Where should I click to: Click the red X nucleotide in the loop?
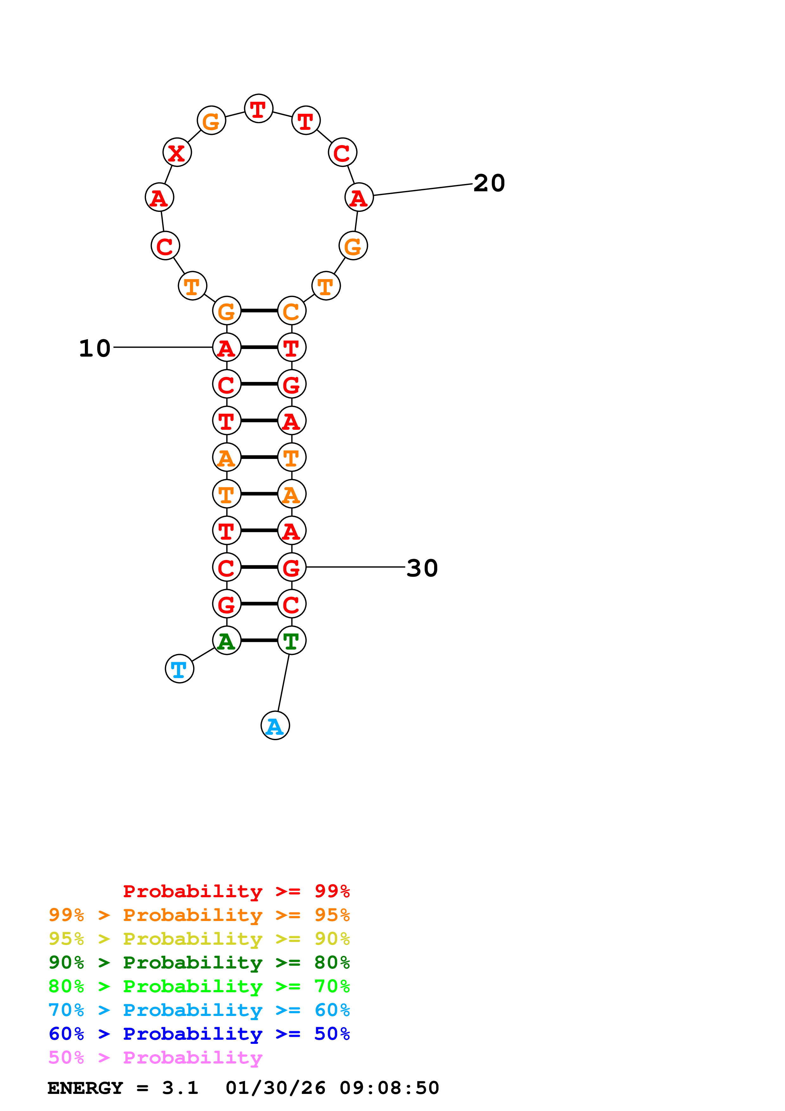click(x=177, y=152)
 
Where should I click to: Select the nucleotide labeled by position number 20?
click(x=359, y=197)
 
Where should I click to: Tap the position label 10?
click(x=95, y=348)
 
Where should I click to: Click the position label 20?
click(x=489, y=183)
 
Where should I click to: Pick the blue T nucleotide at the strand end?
click(x=180, y=669)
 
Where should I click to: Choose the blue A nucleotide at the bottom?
click(x=275, y=726)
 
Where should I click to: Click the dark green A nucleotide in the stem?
click(x=226, y=641)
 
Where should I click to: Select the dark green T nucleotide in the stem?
click(x=292, y=641)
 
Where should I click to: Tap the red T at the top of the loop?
click(x=259, y=108)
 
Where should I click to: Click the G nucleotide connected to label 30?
click(x=292, y=567)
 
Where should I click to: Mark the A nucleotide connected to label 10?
click(x=226, y=347)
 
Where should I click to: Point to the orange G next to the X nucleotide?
click(x=211, y=120)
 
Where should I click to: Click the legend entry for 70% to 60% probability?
click(x=199, y=1010)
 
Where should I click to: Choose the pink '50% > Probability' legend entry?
click(x=155, y=1057)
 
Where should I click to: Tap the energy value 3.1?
click(x=180, y=1088)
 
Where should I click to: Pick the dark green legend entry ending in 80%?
click(x=199, y=962)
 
